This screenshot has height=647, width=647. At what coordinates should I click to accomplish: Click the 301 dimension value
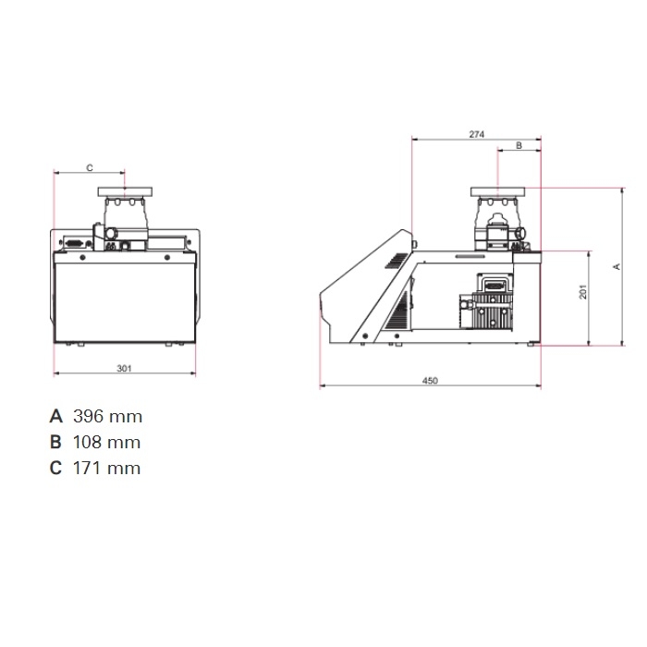click(124, 368)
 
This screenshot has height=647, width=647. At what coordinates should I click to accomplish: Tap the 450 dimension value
click(430, 381)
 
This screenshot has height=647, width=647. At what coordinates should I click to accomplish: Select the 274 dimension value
click(477, 134)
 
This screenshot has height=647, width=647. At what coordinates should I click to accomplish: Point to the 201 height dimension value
click(582, 292)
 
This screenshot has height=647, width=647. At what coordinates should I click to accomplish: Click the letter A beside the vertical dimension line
click(616, 266)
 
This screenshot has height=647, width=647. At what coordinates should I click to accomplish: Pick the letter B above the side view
click(519, 145)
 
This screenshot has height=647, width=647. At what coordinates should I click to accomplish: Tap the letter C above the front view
click(90, 167)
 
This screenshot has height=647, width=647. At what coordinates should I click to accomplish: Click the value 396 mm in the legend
click(108, 416)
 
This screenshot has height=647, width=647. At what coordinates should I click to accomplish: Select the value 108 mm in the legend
click(107, 443)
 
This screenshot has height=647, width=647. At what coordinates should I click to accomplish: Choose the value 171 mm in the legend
click(107, 469)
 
